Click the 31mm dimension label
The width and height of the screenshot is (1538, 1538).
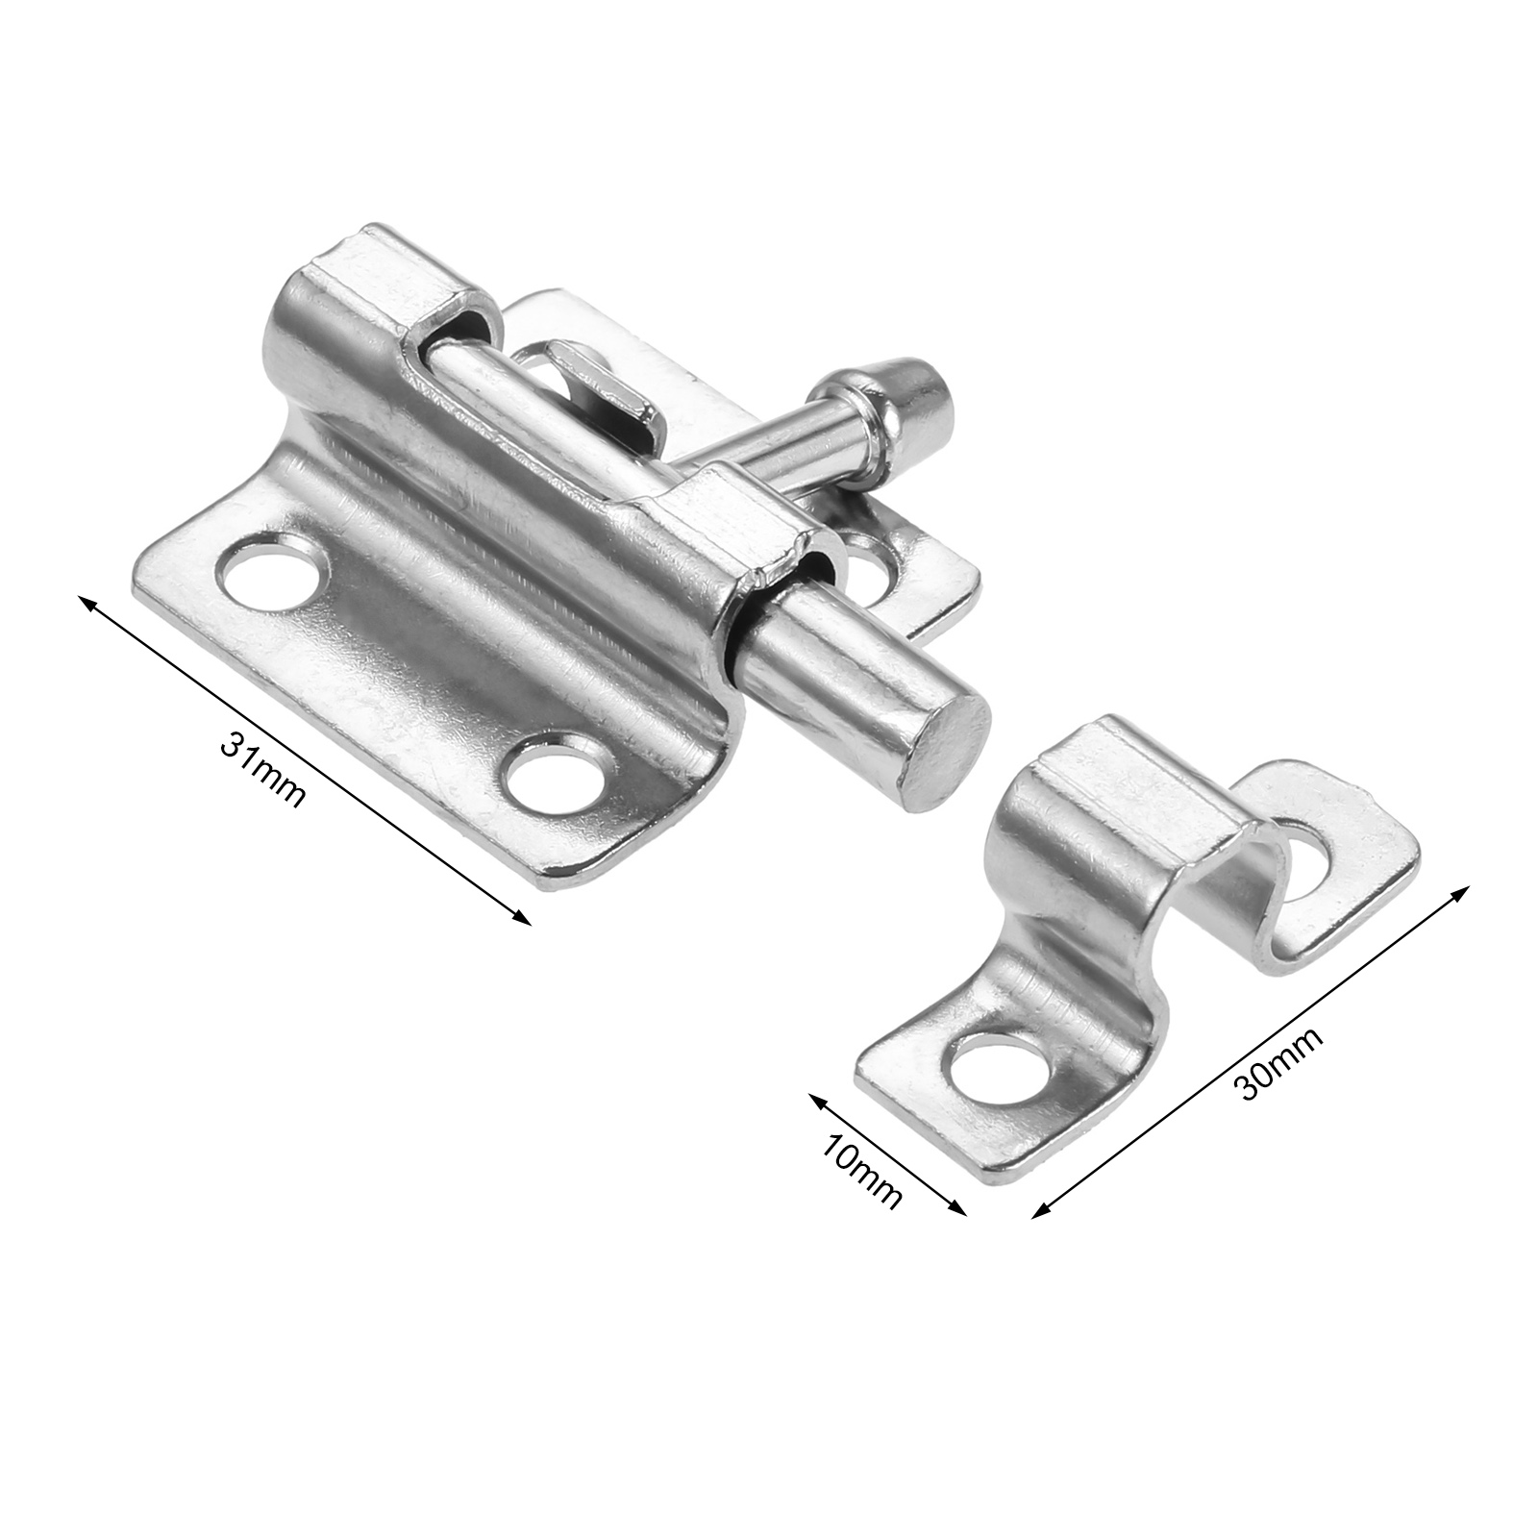click(261, 768)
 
